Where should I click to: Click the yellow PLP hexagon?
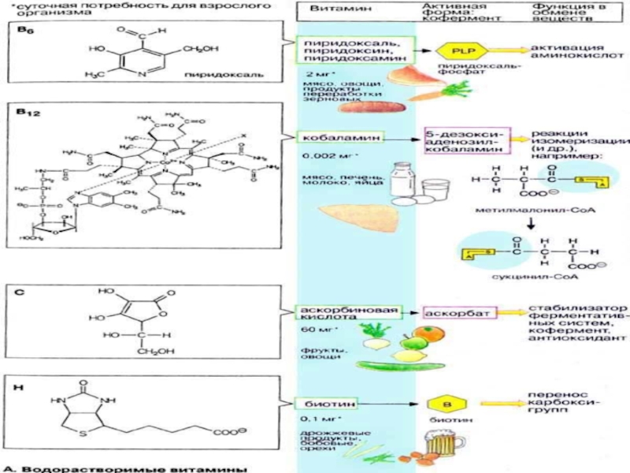coord(456,50)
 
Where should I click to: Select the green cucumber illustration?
coord(395,364)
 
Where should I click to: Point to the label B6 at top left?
coord(26,28)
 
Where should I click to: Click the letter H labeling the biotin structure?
coord(21,386)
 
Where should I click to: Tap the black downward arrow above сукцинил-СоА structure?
coord(530,224)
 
